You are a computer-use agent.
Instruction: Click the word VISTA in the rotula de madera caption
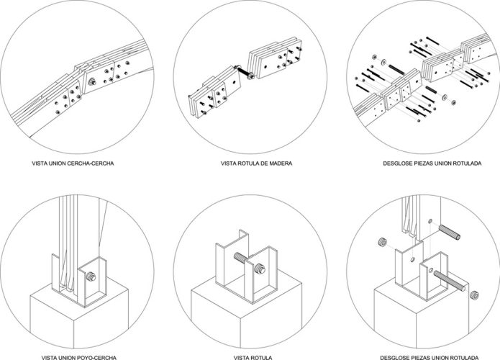coord(229,163)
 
